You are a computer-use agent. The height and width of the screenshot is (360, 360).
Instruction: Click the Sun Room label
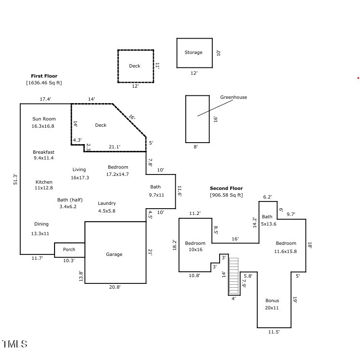pos(44,119)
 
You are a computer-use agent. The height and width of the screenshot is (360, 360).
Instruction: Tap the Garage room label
pos(114,254)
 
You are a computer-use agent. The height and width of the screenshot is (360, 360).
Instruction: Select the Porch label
pos(69,250)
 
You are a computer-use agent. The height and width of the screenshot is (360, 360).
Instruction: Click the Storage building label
pos(194,53)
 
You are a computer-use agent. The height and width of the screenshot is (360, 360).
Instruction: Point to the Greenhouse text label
pos(234,97)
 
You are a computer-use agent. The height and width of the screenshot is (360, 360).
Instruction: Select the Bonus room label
pos(272,301)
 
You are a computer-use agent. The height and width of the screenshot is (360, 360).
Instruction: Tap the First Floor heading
pos(44,76)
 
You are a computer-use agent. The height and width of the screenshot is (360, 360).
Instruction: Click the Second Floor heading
pos(226,188)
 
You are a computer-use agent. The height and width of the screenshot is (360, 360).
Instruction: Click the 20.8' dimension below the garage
pos(115,287)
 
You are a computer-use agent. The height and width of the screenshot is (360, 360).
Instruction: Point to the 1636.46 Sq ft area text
pos(44,83)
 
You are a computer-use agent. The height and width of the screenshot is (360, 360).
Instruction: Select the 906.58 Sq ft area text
pos(226,195)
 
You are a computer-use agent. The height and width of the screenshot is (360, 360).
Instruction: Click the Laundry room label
pos(107,203)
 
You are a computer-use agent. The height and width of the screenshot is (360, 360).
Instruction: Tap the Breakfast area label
pos(43,152)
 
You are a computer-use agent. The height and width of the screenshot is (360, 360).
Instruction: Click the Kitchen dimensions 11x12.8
pos(43,188)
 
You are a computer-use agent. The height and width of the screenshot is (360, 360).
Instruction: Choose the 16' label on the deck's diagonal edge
pos(132,117)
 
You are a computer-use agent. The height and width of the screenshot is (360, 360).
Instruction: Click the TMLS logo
pos(15,344)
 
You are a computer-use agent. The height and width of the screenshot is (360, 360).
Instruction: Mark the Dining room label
pos(42,224)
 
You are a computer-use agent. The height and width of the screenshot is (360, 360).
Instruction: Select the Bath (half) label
pos(70,200)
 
